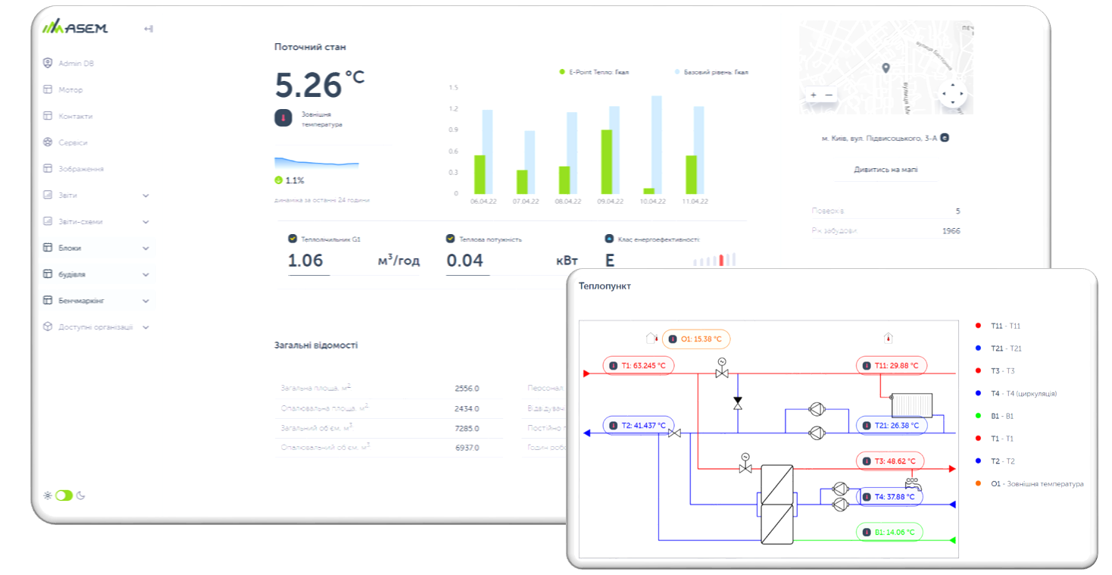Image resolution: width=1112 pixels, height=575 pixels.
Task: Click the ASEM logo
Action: click(75, 29)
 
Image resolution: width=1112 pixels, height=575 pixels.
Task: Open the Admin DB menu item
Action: click(76, 64)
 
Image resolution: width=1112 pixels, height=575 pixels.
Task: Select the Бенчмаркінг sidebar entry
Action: click(81, 301)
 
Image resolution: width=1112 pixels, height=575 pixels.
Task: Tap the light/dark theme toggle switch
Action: click(64, 495)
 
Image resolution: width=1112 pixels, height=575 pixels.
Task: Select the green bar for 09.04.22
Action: click(607, 162)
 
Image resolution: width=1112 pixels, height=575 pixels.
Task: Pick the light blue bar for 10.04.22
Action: click(657, 145)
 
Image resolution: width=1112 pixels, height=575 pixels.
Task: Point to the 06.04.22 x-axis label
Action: click(483, 202)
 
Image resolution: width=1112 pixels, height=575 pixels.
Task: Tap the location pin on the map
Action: click(886, 68)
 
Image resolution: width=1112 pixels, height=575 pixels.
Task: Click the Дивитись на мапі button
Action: click(886, 170)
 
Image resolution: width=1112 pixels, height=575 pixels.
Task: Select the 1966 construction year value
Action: click(951, 230)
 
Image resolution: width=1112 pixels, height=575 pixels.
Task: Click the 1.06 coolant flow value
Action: click(306, 261)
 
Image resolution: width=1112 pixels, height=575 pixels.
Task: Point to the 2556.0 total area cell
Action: click(467, 389)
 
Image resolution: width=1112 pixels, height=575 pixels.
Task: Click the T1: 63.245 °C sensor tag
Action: click(639, 366)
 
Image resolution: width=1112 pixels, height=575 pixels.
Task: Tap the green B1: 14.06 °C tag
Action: click(889, 533)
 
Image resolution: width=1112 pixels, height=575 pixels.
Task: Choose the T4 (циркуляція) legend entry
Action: click(1023, 393)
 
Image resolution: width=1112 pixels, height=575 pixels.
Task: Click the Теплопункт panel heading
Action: click(604, 286)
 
